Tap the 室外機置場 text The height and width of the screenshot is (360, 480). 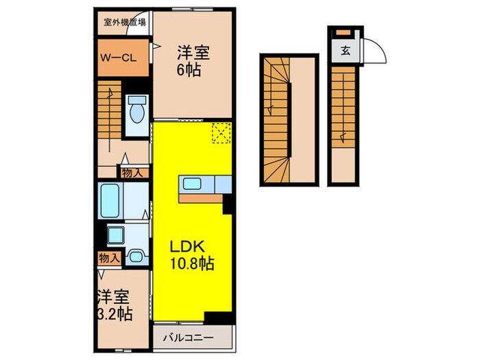pos(123,21)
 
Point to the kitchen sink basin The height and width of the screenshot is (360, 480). pos(192,184)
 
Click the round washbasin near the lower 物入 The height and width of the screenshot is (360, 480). pos(136,257)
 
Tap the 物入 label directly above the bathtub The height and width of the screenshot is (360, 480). pos(132,173)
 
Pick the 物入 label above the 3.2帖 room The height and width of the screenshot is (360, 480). pos(109,258)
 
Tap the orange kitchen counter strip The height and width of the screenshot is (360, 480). pos(202,197)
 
